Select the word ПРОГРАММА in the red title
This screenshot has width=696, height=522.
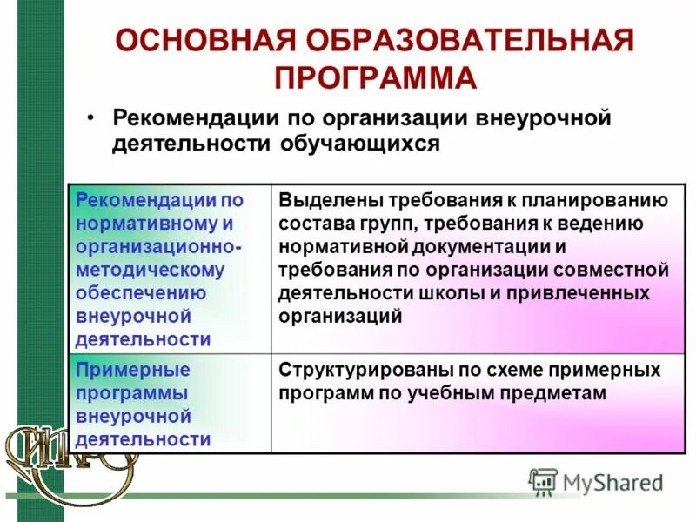tap(376, 77)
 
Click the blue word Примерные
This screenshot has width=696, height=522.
tap(132, 370)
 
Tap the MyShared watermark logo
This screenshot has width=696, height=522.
tap(595, 481)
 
